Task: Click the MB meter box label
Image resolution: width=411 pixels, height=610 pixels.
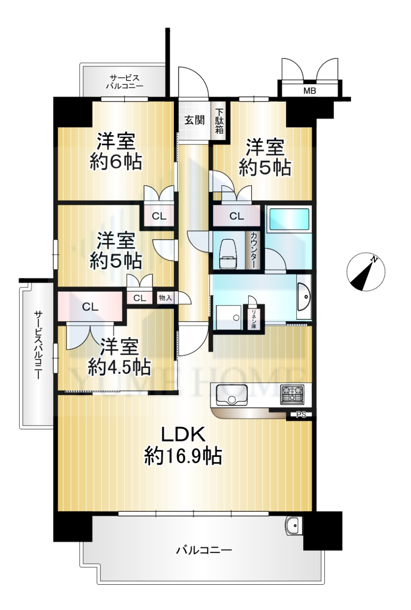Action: (x=310, y=91)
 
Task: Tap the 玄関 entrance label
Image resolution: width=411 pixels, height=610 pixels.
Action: (x=195, y=120)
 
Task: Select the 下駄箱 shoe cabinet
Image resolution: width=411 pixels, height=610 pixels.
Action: (x=220, y=121)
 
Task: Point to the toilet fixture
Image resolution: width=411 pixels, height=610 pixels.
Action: (x=228, y=254)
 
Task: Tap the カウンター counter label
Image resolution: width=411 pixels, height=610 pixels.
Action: (x=253, y=250)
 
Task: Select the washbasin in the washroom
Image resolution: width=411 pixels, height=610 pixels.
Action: (x=304, y=296)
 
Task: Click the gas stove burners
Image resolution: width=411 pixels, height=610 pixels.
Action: (x=292, y=395)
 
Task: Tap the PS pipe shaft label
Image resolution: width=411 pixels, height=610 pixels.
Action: (x=301, y=415)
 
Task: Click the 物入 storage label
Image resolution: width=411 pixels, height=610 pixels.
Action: (x=165, y=298)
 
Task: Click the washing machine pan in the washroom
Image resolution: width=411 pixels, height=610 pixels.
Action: (x=229, y=317)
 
